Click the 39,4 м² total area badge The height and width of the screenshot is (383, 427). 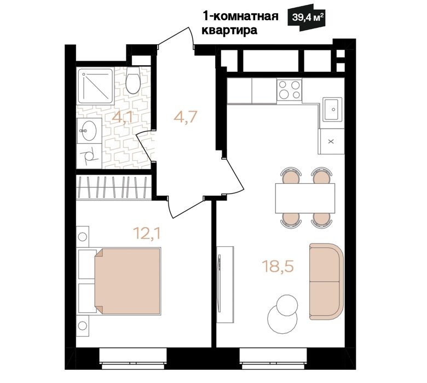(307, 18)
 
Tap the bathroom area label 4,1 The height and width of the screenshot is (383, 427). (122, 118)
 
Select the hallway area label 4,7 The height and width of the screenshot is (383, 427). (185, 117)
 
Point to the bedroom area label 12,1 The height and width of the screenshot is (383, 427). (147, 233)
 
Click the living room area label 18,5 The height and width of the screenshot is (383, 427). (278, 266)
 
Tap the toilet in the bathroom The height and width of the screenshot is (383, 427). (133, 80)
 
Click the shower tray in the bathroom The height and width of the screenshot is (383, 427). (95, 86)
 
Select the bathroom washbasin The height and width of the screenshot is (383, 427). (89, 131)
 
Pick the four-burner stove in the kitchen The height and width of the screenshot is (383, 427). (289, 90)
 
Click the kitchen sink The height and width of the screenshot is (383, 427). (332, 109)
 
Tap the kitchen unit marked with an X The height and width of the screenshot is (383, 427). (331, 141)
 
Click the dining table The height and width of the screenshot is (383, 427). (305, 198)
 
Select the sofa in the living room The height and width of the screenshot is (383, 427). (326, 281)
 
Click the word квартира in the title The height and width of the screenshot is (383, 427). (229, 30)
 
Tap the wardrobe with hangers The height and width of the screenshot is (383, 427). (113, 187)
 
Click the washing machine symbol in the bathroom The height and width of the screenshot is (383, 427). (89, 156)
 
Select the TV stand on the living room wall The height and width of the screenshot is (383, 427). (225, 284)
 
